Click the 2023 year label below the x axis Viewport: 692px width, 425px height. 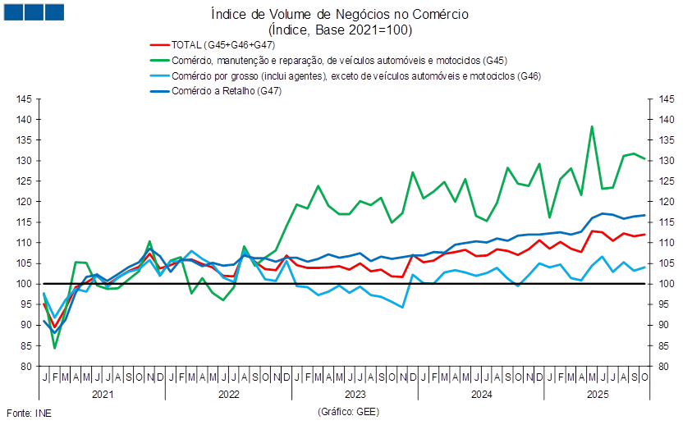click(355, 395)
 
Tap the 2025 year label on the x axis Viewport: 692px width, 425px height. click(597, 395)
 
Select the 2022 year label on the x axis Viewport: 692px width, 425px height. click(228, 395)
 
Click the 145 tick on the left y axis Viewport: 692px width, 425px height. click(24, 99)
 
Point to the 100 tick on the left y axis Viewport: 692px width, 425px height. click(24, 284)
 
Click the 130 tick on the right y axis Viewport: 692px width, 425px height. click(665, 161)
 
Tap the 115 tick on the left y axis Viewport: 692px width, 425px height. click(24, 222)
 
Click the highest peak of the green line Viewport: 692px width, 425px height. click(592, 126)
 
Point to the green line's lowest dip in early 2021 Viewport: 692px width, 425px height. click(55, 348)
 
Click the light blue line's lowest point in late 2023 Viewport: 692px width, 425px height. click(402, 307)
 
